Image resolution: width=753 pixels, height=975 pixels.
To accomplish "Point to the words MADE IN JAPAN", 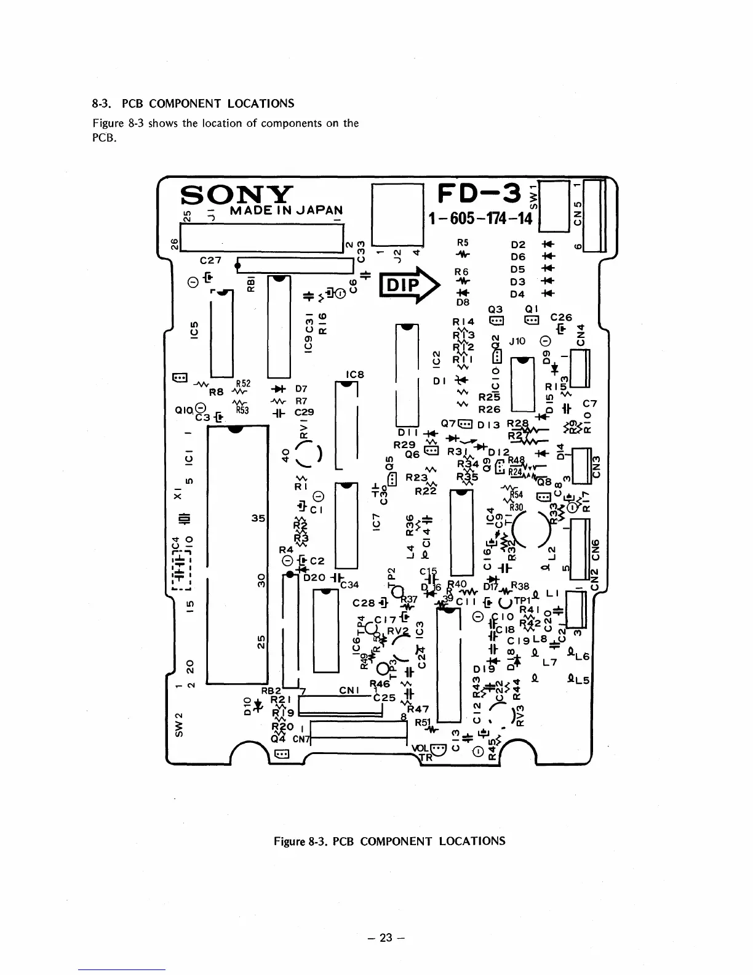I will pos(285,210).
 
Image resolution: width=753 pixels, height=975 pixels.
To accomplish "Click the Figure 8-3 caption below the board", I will pos(389,841).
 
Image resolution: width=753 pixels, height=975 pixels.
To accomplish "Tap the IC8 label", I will pos(356,374).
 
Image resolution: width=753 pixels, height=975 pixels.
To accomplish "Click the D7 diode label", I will pos(301,389).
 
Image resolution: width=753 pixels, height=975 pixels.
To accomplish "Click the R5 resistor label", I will pos(462,243).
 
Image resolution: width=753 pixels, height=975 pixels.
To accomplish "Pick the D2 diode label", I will pos(518,245).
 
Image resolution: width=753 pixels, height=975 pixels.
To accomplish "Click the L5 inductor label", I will pos(582,681).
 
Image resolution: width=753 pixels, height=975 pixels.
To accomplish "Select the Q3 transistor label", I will pos(495,310).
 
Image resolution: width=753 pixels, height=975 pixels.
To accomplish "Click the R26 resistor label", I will pos(489,409).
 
